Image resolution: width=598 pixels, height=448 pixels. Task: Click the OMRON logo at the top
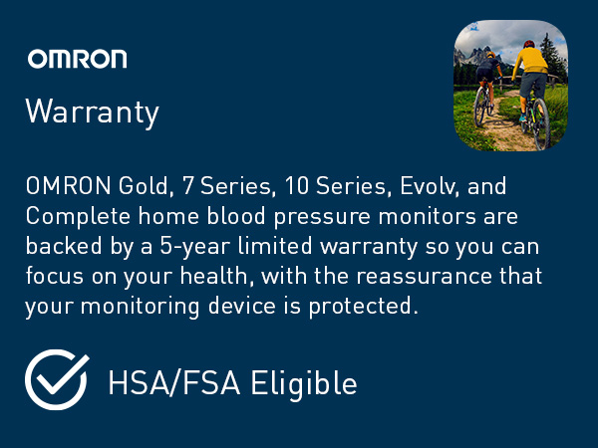(77, 58)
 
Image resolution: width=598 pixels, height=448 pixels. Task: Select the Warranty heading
(92, 112)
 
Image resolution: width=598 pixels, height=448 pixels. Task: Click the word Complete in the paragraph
(67, 217)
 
